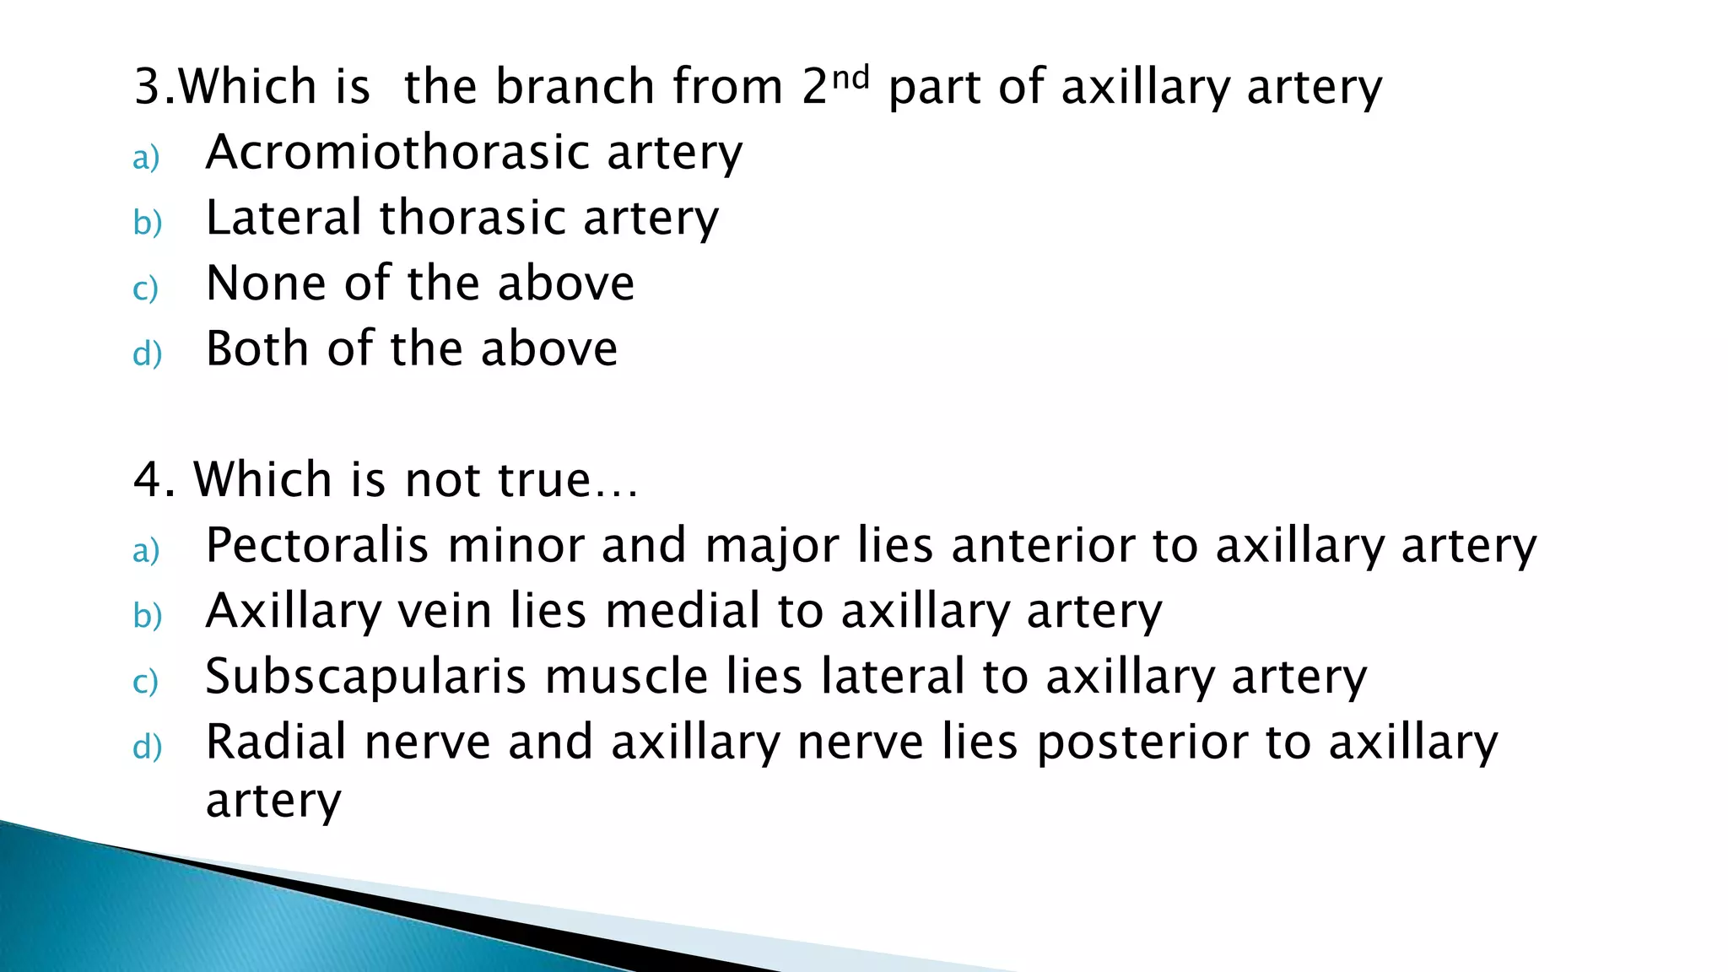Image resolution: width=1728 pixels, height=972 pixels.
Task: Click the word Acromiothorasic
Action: coord(397,153)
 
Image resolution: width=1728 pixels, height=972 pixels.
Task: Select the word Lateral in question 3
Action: coord(283,218)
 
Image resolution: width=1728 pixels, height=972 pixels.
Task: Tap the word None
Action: coord(266,283)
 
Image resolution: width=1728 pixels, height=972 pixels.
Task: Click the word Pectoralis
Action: coord(317,545)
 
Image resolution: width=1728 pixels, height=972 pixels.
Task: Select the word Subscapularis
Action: coord(365,677)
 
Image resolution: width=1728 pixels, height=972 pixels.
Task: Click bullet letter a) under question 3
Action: coord(146,158)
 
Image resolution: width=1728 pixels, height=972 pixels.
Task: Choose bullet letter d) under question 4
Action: coord(147,748)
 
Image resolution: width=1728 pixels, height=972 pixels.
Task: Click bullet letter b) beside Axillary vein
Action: coord(147,616)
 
